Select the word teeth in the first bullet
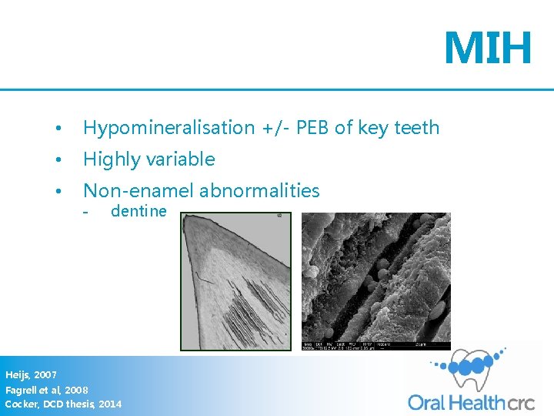click(x=415, y=128)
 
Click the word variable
click(x=179, y=159)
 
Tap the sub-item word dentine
click(x=138, y=211)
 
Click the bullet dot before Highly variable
click(x=58, y=160)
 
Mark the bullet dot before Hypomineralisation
click(x=58, y=129)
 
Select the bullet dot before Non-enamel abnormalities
click(x=58, y=192)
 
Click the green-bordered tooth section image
click(x=235, y=281)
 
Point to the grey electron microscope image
click(x=375, y=281)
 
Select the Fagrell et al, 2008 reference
click(x=47, y=390)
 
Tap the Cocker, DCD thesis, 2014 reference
click(x=63, y=404)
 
